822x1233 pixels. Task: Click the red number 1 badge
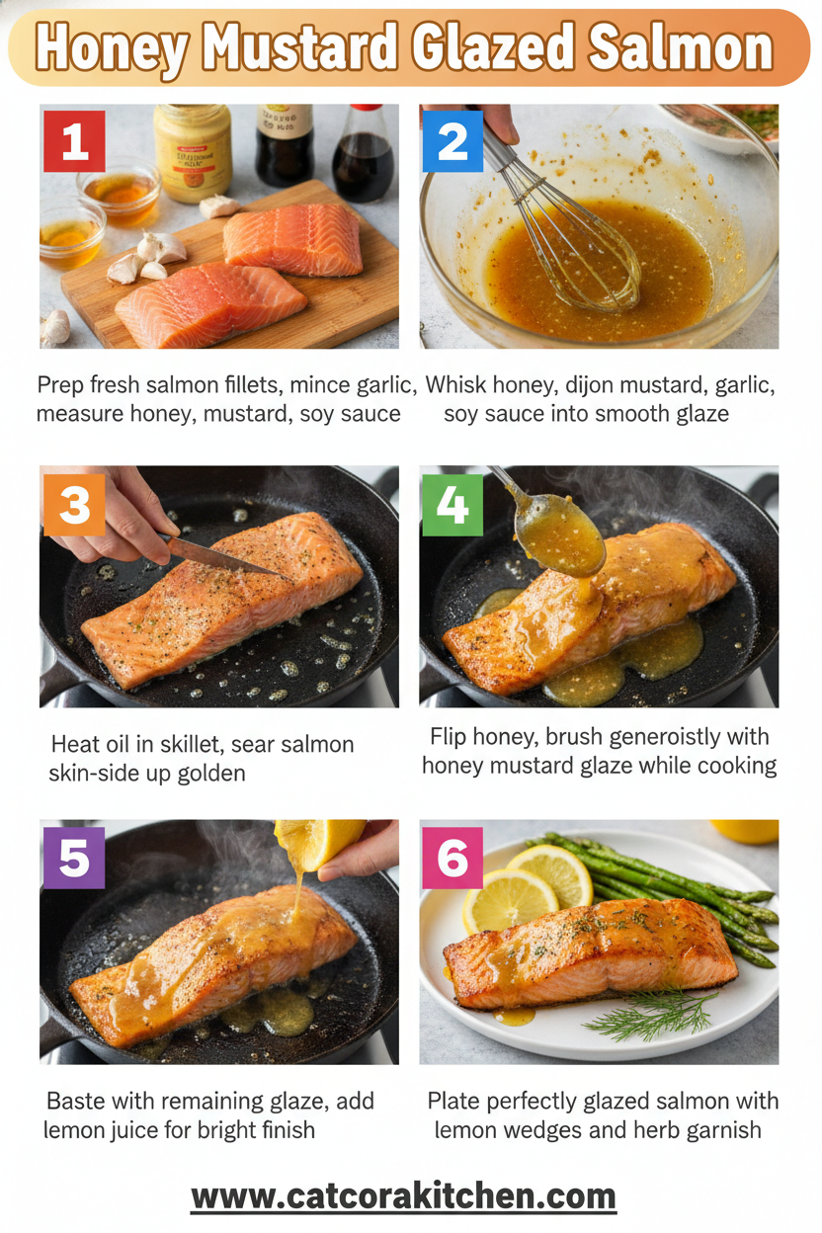coord(74,142)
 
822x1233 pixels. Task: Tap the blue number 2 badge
coord(452,142)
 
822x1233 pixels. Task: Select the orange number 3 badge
coord(74,505)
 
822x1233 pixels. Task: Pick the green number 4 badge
coord(452,505)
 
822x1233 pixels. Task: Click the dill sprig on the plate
coord(652,1014)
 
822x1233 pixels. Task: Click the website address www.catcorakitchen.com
coord(403,1196)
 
